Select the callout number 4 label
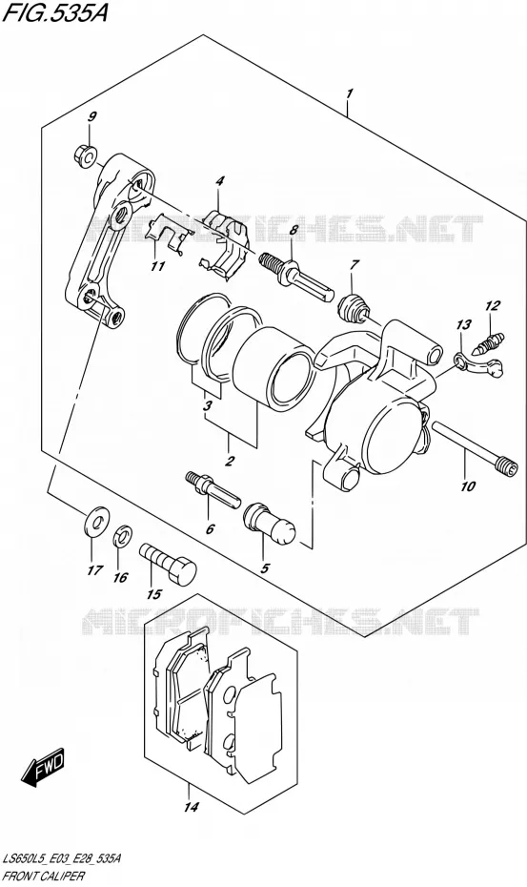(219, 181)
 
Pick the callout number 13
(464, 324)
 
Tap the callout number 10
(468, 485)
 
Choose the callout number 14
(192, 807)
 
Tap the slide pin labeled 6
(213, 487)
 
